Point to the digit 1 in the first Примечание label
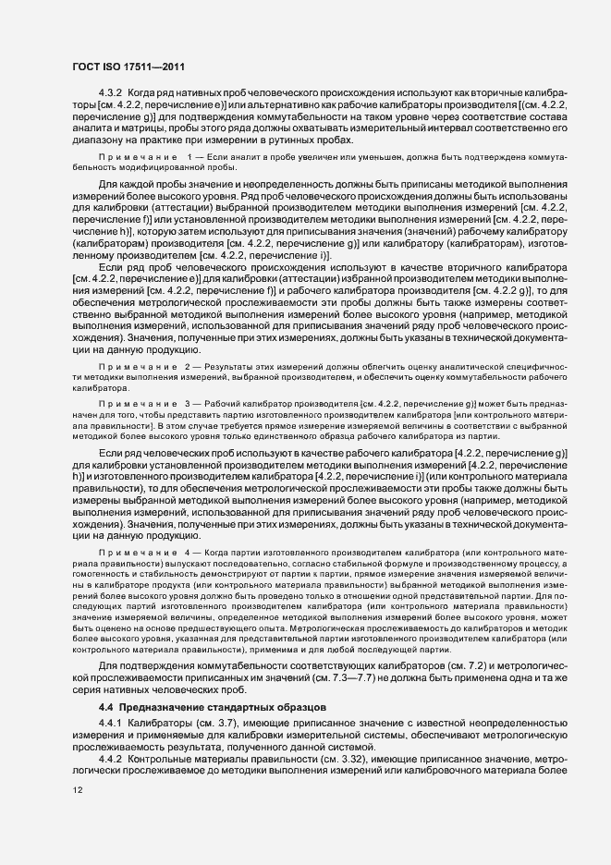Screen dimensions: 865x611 pyautogui.click(x=189, y=161)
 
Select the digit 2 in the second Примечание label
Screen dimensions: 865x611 pyautogui.click(x=189, y=368)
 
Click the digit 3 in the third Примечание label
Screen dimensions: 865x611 pyautogui.click(x=189, y=405)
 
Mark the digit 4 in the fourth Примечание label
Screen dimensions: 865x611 pyautogui.click(x=189, y=552)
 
